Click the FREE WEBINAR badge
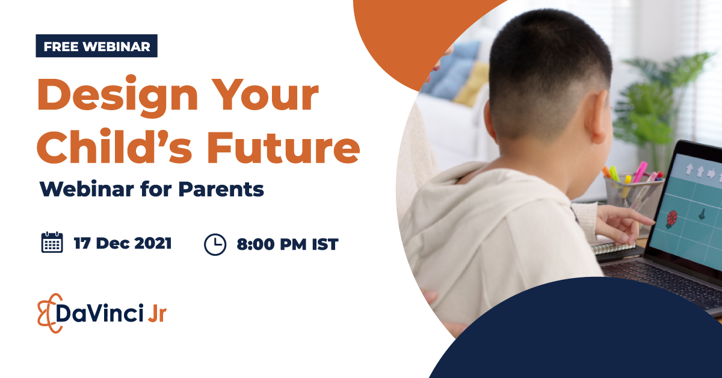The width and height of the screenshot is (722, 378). pyautogui.click(x=96, y=46)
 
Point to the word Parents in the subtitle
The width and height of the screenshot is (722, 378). pyautogui.click(x=221, y=189)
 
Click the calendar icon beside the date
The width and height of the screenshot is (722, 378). pyautogui.click(x=52, y=243)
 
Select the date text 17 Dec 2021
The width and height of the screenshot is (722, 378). pyautogui.click(x=122, y=243)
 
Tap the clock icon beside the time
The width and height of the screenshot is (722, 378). pyautogui.click(x=215, y=244)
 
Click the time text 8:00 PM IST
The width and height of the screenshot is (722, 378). pyautogui.click(x=287, y=244)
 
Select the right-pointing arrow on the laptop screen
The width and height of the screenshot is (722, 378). pyautogui.click(x=711, y=174)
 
